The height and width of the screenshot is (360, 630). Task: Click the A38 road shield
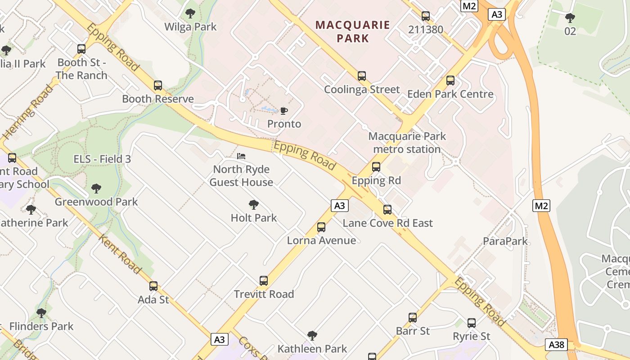(x=557, y=345)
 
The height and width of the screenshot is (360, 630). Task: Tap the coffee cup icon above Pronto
(x=283, y=111)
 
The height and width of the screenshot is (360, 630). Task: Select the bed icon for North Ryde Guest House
(x=241, y=156)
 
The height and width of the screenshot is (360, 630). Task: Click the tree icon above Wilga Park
(x=190, y=13)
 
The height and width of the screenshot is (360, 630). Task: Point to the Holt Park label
(x=254, y=218)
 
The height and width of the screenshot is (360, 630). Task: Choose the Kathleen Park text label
(x=312, y=349)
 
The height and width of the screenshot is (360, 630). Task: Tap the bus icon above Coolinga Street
(x=362, y=76)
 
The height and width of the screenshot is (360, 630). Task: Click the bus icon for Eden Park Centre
(x=450, y=81)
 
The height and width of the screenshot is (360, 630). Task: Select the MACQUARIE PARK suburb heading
(x=353, y=31)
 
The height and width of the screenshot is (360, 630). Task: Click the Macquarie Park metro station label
(x=407, y=143)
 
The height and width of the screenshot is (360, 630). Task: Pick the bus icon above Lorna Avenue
(x=321, y=227)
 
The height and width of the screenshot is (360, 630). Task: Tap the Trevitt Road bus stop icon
(x=264, y=281)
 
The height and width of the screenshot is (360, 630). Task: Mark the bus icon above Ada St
(x=153, y=286)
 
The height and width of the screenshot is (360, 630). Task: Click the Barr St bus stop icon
(x=413, y=318)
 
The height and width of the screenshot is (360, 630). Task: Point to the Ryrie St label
(x=472, y=336)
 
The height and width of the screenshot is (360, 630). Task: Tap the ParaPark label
(x=505, y=241)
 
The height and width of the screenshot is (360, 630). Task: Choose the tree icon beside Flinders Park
(x=41, y=313)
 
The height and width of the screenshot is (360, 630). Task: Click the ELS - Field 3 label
(x=102, y=159)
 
